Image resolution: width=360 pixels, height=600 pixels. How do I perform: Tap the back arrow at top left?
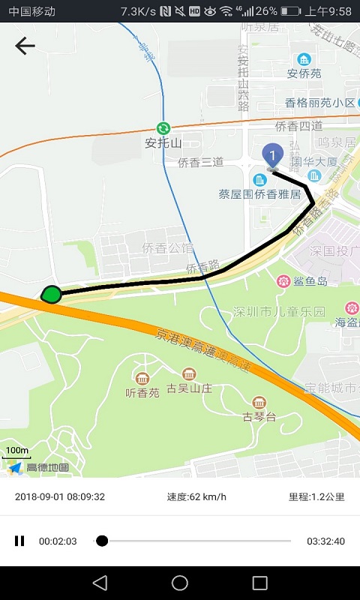(25, 46)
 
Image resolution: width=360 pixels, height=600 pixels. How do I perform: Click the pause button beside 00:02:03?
(19, 541)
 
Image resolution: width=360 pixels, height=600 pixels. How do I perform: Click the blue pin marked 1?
(273, 155)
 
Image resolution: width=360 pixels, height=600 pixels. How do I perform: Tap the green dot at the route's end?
(51, 294)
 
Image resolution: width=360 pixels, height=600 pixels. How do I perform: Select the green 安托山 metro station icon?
(163, 128)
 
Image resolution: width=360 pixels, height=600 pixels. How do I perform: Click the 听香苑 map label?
(142, 391)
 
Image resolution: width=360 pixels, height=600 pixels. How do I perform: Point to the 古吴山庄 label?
(190, 388)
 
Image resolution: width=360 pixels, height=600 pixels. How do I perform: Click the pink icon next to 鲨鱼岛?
(283, 281)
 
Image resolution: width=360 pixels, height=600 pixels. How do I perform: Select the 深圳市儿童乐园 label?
(279, 310)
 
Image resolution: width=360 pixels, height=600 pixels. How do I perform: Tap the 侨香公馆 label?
(168, 247)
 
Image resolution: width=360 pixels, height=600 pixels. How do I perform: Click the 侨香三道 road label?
(200, 161)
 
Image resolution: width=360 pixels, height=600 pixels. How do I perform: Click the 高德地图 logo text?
(47, 467)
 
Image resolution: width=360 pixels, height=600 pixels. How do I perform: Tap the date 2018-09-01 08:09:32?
(60, 496)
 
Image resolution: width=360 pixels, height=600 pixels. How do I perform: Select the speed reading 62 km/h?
(196, 496)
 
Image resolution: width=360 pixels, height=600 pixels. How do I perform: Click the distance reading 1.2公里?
(316, 496)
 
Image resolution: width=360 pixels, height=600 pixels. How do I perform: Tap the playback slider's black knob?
(102, 541)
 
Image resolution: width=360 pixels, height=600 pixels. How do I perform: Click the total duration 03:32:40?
(325, 541)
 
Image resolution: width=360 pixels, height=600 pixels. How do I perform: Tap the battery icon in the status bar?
(290, 11)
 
